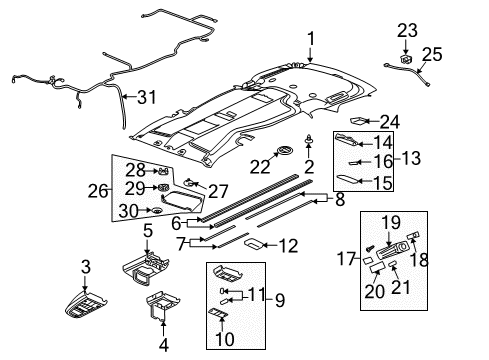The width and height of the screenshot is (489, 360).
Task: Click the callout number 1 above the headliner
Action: (311, 39)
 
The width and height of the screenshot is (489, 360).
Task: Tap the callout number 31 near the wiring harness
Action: (147, 96)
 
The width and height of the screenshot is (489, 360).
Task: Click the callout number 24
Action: (389, 122)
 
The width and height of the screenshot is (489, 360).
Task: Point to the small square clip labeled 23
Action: (407, 59)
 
